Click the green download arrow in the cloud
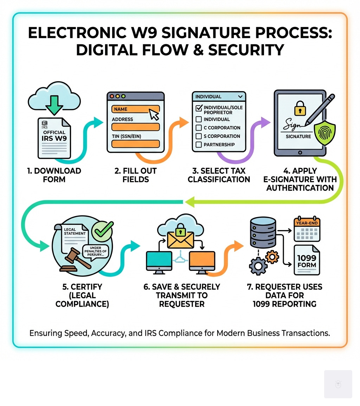pos(54,104)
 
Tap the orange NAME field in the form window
pos(135,109)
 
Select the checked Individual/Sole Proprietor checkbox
pos(199,108)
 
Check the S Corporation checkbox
pos(199,136)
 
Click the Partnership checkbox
pos(199,145)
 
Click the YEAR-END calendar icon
pos(307,229)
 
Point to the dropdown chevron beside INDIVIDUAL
pos(240,96)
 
